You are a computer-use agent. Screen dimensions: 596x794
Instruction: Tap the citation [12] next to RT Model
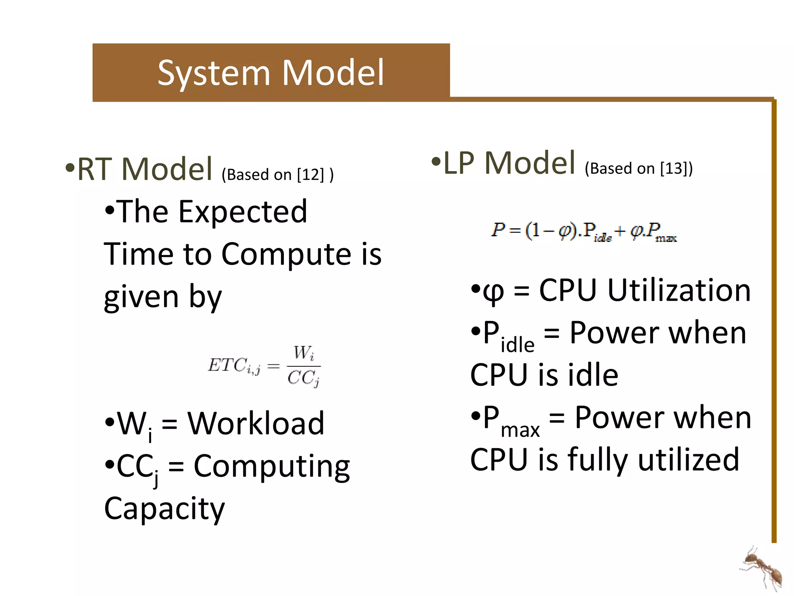click(310, 175)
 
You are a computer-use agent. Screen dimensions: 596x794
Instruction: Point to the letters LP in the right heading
click(459, 163)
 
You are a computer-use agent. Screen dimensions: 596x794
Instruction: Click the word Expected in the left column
click(243, 212)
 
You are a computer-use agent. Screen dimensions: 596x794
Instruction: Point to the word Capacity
click(164, 509)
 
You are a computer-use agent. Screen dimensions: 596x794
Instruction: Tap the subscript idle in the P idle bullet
click(518, 345)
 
